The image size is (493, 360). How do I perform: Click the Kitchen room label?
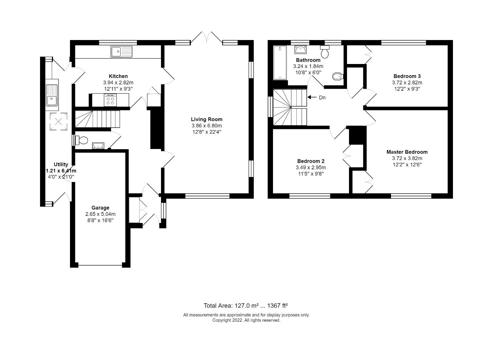[x=118, y=76]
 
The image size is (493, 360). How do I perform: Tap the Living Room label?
[x=207, y=119]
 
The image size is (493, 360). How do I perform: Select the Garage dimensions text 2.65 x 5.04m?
[x=100, y=214]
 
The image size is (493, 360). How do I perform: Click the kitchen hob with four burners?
[x=110, y=100]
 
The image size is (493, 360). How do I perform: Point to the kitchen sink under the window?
[x=121, y=51]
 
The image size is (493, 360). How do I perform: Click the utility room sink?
[x=52, y=95]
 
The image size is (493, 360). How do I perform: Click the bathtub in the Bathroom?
[x=280, y=63]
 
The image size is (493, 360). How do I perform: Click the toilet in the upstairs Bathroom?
[x=325, y=52]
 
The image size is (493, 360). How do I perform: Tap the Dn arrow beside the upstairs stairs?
[x=312, y=97]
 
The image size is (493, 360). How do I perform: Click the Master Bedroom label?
[x=407, y=152]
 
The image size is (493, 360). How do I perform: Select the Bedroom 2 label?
[x=311, y=161]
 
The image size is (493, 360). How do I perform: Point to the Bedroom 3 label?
[x=407, y=76]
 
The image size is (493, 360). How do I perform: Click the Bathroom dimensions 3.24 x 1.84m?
[x=308, y=66]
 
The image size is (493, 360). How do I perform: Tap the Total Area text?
[x=246, y=306]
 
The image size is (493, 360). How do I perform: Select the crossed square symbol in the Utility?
[x=59, y=121]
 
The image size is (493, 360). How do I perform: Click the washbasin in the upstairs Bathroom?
[x=300, y=50]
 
